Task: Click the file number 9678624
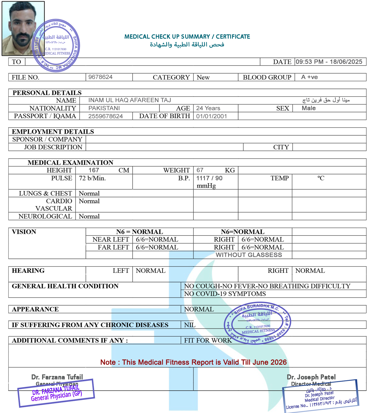[x=100, y=77]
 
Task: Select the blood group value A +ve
[x=309, y=77]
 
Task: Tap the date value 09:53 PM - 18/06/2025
[x=329, y=62]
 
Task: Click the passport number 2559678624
[x=106, y=116]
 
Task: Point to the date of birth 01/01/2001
[x=212, y=116]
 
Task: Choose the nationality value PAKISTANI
[x=104, y=108]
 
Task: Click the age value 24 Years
[x=208, y=108]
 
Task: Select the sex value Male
[x=309, y=108]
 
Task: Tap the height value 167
[x=94, y=170]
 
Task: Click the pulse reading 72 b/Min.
[x=92, y=178]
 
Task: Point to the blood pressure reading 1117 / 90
[x=209, y=178]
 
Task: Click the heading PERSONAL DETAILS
[x=47, y=93]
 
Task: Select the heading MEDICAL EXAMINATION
[x=70, y=163]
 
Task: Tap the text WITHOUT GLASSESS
[x=249, y=255]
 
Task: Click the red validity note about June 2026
[x=193, y=362]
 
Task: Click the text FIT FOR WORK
[x=208, y=341]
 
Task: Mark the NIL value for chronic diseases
[x=190, y=325]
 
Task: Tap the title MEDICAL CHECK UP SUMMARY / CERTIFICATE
[x=187, y=37]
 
